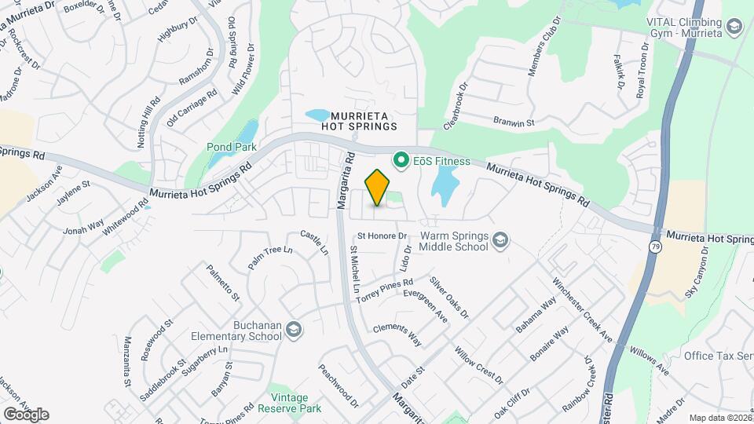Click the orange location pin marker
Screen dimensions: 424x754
click(378, 187)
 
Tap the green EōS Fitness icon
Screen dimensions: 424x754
click(402, 162)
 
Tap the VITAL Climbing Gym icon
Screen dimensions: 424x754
click(734, 28)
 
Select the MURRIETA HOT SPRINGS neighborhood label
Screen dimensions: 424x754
click(359, 120)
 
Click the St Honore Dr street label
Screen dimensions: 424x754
click(382, 236)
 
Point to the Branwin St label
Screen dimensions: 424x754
click(514, 122)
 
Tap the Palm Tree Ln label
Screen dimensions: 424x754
click(270, 258)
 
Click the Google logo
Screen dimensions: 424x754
click(26, 414)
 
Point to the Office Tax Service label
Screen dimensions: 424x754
click(718, 356)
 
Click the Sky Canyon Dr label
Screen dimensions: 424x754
click(697, 272)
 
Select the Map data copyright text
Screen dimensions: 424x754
click(719, 418)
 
